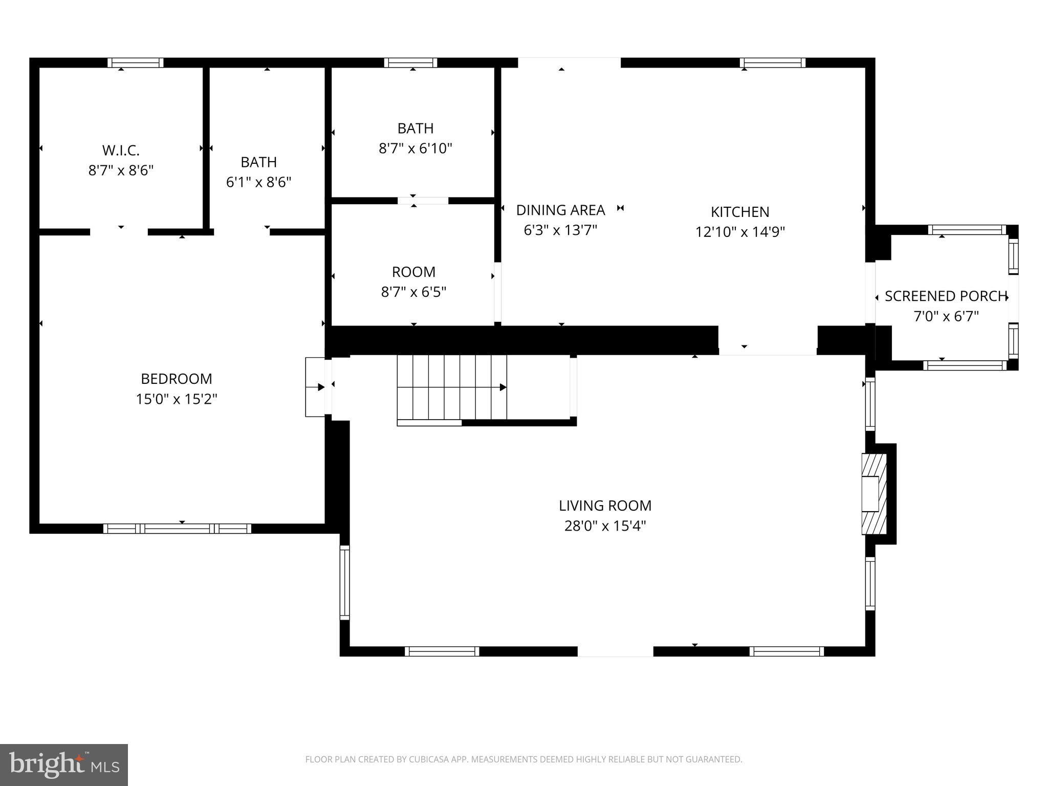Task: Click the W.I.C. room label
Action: coord(121,150)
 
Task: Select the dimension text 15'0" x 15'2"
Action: coord(177,399)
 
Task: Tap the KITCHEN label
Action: coord(740,212)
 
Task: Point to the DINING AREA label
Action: coord(560,210)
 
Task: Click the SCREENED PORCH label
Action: coord(946,296)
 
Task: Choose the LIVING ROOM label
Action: coord(605,506)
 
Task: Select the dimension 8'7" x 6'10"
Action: coord(416,149)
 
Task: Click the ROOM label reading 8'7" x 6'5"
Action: coord(413,272)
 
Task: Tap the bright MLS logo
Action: coord(64,765)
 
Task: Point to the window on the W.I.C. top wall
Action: coord(136,63)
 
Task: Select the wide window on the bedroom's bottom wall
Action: coord(177,529)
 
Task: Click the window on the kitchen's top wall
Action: coord(773,63)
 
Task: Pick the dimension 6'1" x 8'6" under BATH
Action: coord(259,182)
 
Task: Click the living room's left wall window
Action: coord(345,582)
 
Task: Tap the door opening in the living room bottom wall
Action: coord(615,651)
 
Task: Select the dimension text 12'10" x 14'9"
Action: coord(740,232)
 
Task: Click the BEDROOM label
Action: coord(177,379)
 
